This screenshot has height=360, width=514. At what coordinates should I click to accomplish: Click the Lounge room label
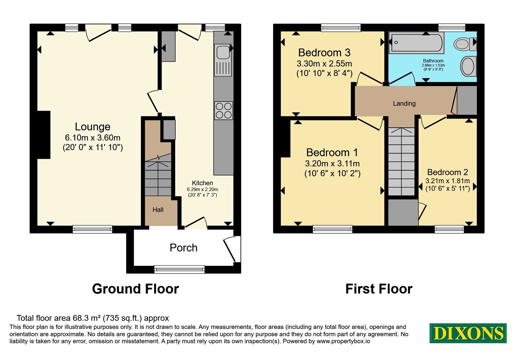(x=93, y=127)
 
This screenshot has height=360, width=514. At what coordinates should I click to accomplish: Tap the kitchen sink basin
(x=223, y=52)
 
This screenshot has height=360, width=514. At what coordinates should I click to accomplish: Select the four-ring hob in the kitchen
(x=224, y=111)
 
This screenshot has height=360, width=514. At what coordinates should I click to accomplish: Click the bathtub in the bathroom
(x=416, y=43)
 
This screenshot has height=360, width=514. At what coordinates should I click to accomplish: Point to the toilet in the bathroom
(x=465, y=44)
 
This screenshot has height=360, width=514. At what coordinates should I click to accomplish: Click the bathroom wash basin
(x=468, y=66)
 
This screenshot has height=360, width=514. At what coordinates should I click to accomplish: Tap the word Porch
(x=183, y=248)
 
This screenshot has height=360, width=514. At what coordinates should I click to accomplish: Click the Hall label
(x=158, y=210)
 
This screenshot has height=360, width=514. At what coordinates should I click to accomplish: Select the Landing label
(x=404, y=104)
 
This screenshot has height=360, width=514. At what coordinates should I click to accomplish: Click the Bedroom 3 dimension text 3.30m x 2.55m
(x=324, y=63)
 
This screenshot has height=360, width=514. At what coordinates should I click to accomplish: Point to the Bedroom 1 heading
(x=332, y=152)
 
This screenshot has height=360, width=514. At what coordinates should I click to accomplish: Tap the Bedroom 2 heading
(x=448, y=172)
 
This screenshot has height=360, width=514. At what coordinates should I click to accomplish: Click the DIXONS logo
(x=468, y=333)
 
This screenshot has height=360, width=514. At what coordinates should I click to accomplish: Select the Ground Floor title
(x=135, y=289)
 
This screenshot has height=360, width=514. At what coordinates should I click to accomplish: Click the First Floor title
(x=379, y=289)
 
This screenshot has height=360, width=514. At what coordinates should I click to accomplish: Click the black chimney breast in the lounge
(x=44, y=135)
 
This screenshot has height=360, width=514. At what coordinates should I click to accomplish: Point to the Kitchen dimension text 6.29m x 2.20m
(x=202, y=189)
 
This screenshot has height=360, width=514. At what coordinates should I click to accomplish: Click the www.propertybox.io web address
(x=343, y=341)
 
